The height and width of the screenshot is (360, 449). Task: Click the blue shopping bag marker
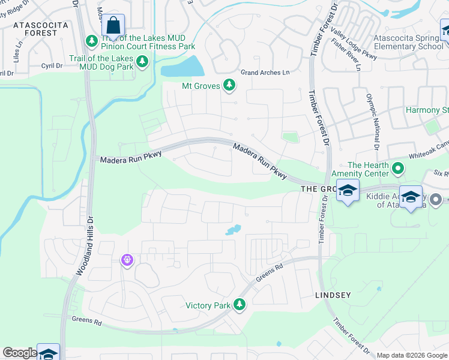[x=113, y=26]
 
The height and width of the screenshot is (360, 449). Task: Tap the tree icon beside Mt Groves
[x=229, y=86]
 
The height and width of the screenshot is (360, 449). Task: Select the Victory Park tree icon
[x=240, y=305]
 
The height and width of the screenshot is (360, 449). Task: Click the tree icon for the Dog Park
[x=142, y=61]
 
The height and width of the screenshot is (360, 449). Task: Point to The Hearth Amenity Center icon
[x=397, y=169]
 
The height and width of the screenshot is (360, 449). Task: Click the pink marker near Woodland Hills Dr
[x=127, y=260]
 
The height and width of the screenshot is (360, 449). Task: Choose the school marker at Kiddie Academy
[x=411, y=197]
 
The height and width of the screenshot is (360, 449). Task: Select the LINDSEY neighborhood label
[x=333, y=296]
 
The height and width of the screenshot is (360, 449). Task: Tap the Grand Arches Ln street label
[x=265, y=73]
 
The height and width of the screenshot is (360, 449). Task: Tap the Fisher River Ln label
[x=346, y=55]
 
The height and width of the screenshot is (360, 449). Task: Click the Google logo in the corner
[x=19, y=353]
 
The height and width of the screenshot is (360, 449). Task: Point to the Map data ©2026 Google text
[x=411, y=355]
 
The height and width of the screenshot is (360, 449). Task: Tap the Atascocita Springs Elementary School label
[x=408, y=42]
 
